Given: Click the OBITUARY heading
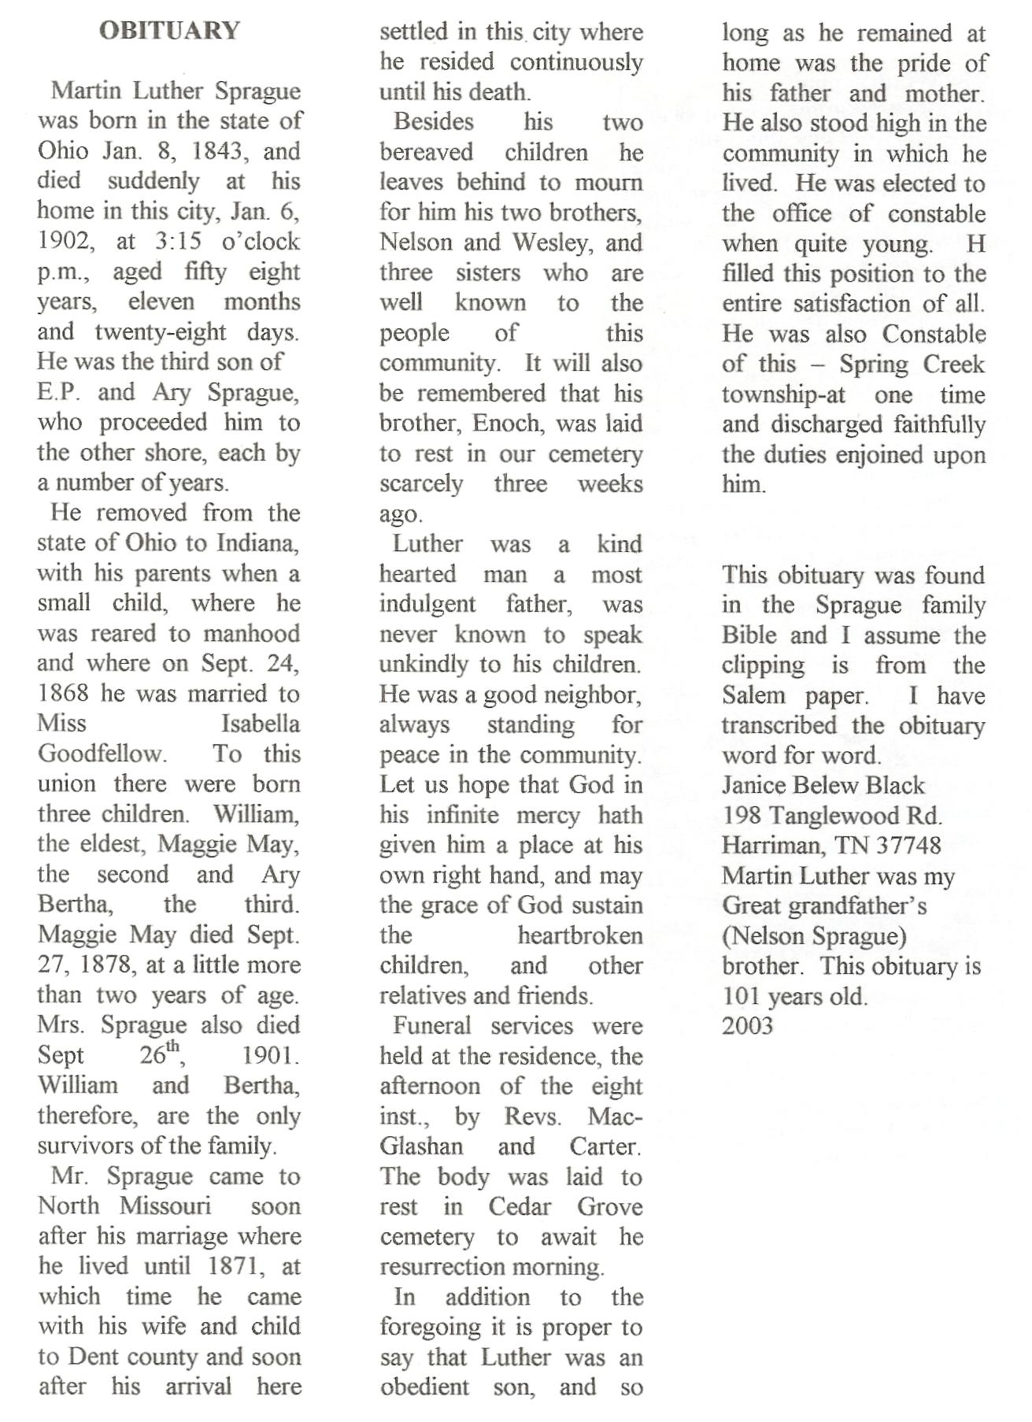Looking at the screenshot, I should point(169,31).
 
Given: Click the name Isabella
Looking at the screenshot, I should point(261,724).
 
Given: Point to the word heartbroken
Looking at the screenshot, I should point(580,935).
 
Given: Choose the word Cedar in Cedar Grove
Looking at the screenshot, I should point(519,1207).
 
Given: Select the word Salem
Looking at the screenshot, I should point(753,696).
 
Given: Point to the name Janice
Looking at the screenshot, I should point(753,785).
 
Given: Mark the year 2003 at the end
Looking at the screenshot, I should point(748,1026).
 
